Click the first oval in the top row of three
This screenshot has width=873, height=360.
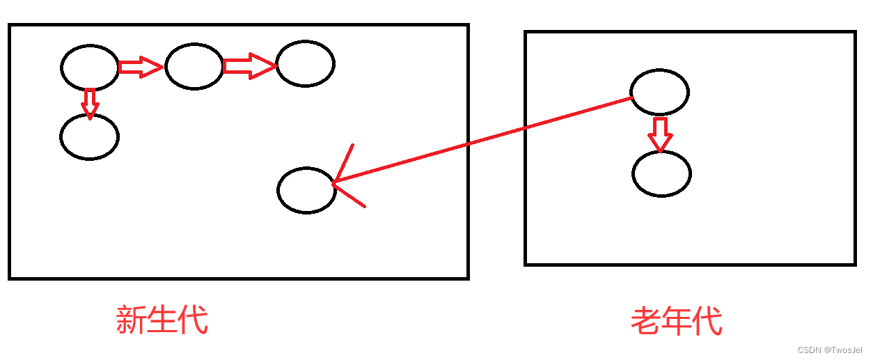click(90, 67)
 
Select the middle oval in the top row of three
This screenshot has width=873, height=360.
click(194, 66)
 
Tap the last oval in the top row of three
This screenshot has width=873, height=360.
click(305, 63)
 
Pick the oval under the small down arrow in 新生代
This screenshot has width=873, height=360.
click(90, 136)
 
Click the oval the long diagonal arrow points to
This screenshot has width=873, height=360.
click(306, 189)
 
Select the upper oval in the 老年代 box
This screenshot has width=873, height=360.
click(659, 91)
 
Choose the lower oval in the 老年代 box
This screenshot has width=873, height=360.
click(661, 173)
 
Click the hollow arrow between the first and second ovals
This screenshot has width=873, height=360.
click(141, 67)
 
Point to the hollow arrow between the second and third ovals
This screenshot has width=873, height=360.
click(249, 66)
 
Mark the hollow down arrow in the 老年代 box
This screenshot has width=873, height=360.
click(660, 134)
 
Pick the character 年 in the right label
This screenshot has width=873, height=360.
click(677, 322)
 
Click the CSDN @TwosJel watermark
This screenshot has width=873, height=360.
click(830, 350)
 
